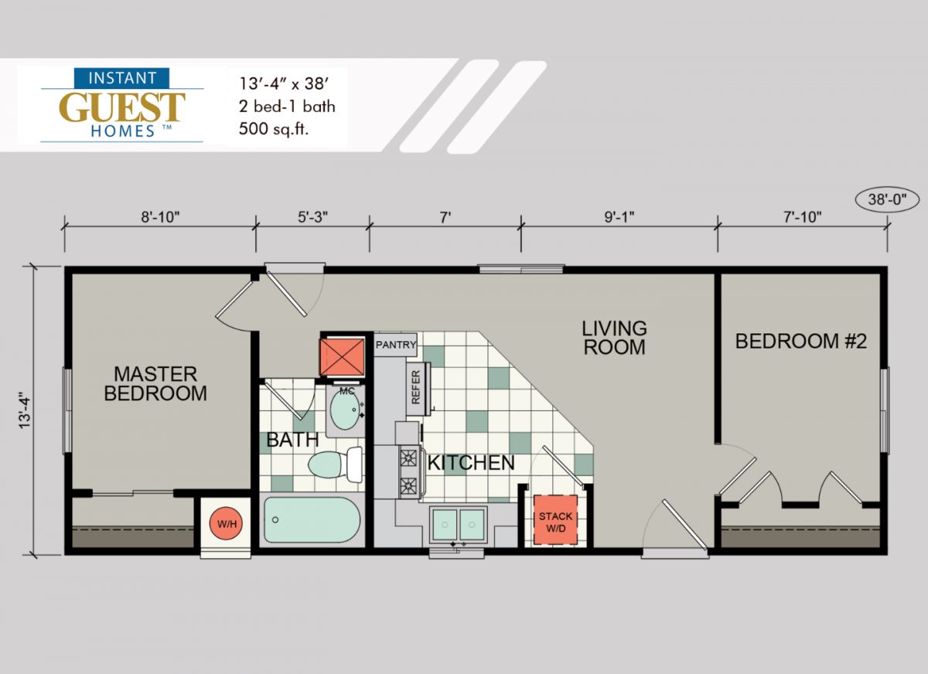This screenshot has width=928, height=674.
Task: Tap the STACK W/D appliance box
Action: (555, 519)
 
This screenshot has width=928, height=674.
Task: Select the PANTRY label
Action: (396, 345)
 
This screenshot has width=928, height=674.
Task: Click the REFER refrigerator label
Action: (415, 387)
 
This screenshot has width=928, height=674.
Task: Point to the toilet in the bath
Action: (336, 464)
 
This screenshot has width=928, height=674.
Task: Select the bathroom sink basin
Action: (344, 409)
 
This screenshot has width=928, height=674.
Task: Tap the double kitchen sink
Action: (458, 525)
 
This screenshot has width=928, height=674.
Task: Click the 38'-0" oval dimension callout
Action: (887, 199)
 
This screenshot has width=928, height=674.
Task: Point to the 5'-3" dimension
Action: (312, 216)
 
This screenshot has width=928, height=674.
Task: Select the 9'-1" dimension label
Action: (619, 216)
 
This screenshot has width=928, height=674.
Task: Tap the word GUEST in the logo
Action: (122, 107)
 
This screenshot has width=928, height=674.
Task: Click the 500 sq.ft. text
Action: (274, 129)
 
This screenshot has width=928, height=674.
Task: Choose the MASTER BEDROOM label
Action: (155, 384)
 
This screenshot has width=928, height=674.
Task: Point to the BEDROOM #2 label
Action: (801, 342)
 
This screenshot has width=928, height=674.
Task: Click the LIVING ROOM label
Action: (614, 338)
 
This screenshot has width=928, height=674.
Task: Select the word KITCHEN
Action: (471, 462)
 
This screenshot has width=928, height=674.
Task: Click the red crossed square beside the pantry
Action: (342, 356)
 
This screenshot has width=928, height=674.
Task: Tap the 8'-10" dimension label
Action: (160, 216)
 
